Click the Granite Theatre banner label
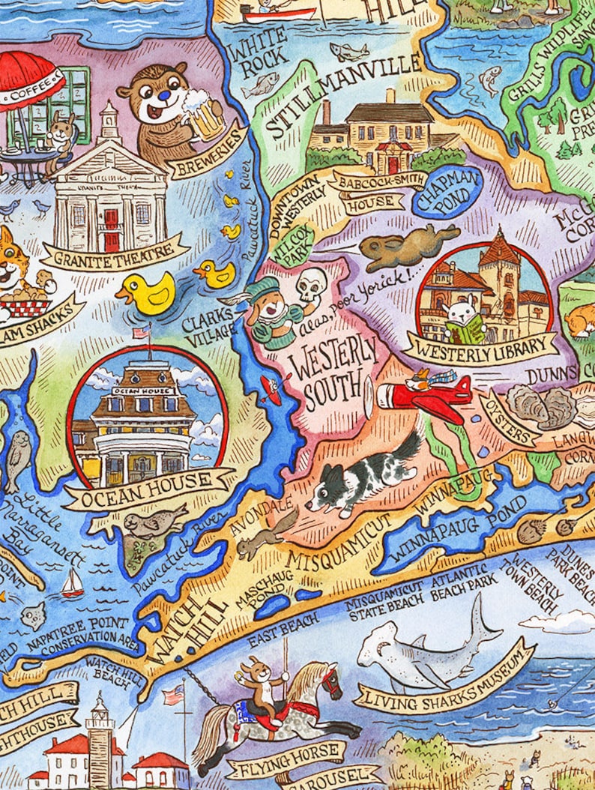[x=112, y=259]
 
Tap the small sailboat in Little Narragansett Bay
[x=72, y=583]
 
